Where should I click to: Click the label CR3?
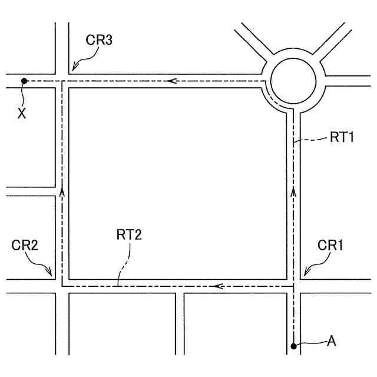[99, 40]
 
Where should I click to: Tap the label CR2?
[25, 244]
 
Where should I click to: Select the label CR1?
[330, 244]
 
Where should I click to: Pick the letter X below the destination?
[22, 114]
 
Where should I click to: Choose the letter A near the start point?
[332, 340]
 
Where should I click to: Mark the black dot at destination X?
[24, 81]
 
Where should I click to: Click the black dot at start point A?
[293, 346]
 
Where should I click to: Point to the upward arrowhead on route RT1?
[293, 192]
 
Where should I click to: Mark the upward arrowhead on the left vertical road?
[61, 192]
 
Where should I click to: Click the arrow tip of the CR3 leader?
[70, 71]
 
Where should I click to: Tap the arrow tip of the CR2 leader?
[54, 276]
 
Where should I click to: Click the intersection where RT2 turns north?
[62, 286]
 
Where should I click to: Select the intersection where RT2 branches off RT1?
[293, 286]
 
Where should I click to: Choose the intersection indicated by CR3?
[62, 81]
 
